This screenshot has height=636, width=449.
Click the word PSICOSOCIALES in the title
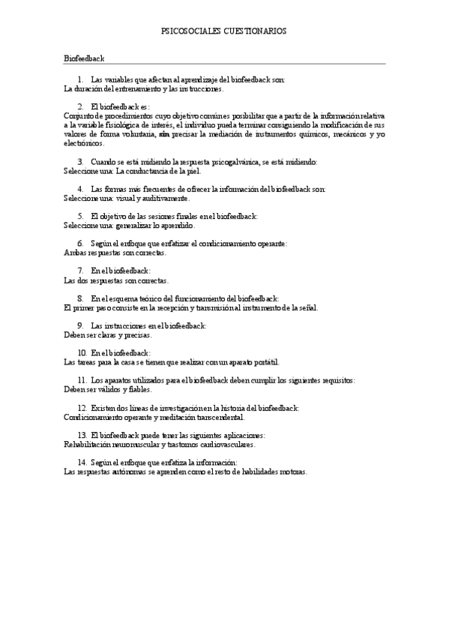tap(190, 31)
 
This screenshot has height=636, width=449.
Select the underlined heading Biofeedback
tap(84, 58)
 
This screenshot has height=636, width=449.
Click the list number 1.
tap(80, 79)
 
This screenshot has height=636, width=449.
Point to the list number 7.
tap(80, 270)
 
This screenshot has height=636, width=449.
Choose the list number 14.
tap(82, 463)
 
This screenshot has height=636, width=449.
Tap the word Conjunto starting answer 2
tap(79, 116)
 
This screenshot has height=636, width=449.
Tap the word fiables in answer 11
tap(140, 389)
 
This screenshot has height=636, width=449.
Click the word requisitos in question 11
tap(337, 380)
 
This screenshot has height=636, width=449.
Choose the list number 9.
tap(80, 325)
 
